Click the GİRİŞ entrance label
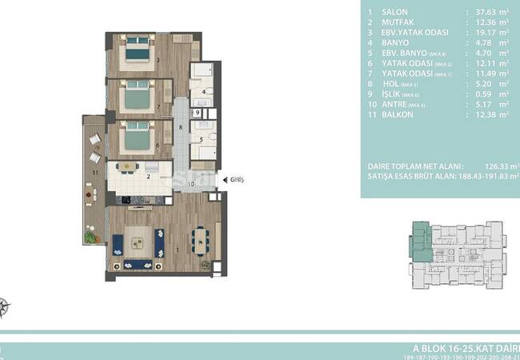(x=236, y=180)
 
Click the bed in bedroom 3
(x=135, y=51)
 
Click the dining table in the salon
(x=201, y=240)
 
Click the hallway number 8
(x=181, y=128)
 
